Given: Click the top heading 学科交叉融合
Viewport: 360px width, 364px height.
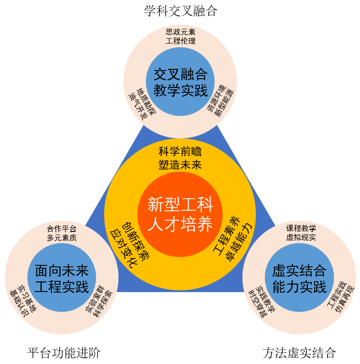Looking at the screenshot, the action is pos(180,11).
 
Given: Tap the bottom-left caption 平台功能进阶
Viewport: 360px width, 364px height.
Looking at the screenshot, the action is pos(64,353).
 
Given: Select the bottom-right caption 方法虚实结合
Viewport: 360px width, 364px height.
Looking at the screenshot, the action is pos(299,353).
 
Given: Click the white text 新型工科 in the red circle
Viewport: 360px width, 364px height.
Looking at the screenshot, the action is pos(180,204).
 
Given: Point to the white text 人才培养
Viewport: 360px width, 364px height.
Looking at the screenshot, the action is pos(180,224).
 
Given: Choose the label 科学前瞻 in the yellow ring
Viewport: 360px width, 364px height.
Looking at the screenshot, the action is pos(180,151).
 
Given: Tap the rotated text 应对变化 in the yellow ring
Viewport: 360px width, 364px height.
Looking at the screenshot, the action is pos(123,249).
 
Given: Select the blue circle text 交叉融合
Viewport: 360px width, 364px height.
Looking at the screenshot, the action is pos(180,74).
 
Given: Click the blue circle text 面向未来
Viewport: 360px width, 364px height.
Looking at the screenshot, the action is pos(62,271).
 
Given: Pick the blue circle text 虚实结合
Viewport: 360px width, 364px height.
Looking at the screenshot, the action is pos(299,271).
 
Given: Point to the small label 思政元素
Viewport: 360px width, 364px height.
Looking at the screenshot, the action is pos(180,32).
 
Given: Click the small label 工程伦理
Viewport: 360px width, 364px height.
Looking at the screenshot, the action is pos(180,41).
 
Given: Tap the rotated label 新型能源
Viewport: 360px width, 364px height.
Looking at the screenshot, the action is pos(224,102).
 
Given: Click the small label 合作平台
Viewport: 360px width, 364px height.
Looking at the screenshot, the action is pos(61,229).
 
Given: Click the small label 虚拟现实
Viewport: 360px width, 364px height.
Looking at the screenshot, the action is pos(301,237).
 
